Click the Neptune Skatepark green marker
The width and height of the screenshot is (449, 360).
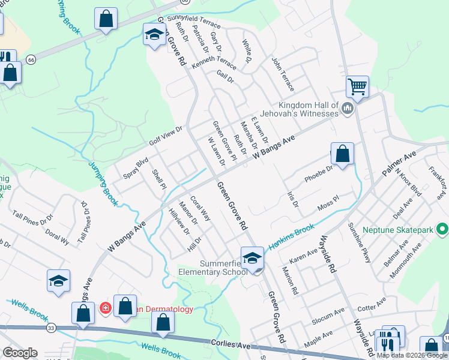click(x=442, y=229)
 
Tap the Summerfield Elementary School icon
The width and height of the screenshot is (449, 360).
click(x=253, y=259)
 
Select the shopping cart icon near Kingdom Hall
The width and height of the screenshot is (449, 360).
click(x=357, y=87)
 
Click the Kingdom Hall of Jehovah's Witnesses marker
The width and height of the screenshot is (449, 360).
click(x=348, y=109)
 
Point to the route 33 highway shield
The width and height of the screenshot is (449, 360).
click(x=52, y=328)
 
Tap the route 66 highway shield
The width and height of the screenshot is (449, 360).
click(x=31, y=59)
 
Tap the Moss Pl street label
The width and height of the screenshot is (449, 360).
click(x=328, y=206)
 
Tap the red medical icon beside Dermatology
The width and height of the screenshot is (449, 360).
click(x=106, y=308)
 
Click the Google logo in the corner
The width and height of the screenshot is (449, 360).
click(x=20, y=352)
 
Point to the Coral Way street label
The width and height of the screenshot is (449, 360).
click(x=200, y=208)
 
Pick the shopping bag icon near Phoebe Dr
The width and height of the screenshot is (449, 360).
click(x=342, y=154)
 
